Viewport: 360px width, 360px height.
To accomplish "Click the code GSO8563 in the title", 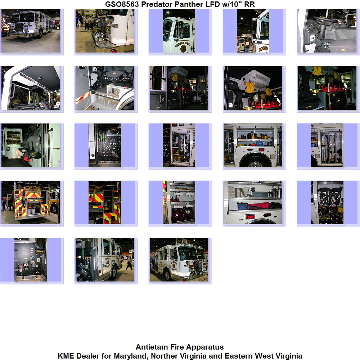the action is coord(122,4).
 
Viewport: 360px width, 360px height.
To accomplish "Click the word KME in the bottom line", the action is coord(66,356).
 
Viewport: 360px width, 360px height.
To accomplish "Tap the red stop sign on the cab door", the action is coord(18,152).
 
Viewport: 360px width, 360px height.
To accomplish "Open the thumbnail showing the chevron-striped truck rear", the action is coord(31,202).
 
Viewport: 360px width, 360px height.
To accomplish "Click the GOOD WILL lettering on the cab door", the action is coord(183,44).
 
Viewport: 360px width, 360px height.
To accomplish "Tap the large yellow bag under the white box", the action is coord(250,87).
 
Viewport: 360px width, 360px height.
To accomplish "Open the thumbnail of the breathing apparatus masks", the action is coord(327,202).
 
